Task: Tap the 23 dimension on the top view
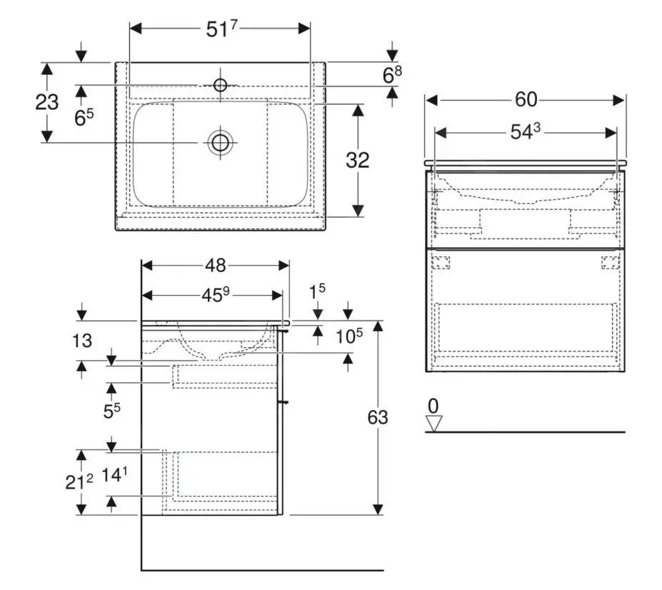coord(46,102)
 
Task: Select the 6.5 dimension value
coord(84,117)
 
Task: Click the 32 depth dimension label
coord(357,160)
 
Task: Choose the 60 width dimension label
coord(526,100)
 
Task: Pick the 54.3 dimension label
coord(525,133)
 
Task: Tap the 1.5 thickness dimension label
coord(318,291)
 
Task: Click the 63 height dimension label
coord(377,416)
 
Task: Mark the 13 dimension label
coord(82,341)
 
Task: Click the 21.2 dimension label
coord(79,482)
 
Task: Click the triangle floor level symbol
coord(433,424)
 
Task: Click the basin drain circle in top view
coord(220,142)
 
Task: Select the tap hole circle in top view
coord(220,86)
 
